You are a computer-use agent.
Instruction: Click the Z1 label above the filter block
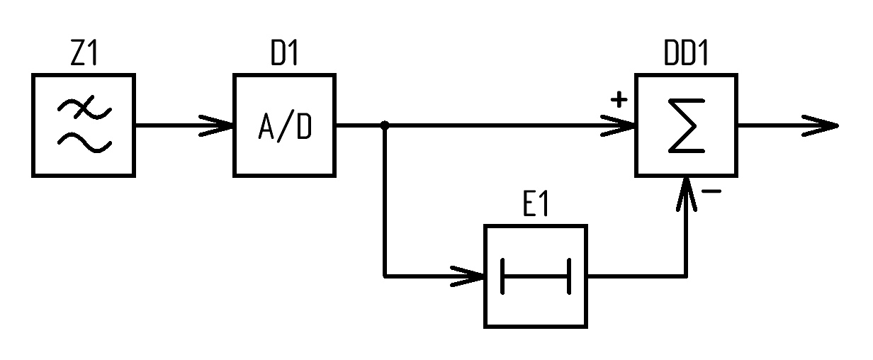tap(84, 52)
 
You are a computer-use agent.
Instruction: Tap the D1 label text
tap(285, 52)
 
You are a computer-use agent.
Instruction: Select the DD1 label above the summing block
tap(685, 52)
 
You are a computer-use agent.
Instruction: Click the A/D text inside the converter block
tap(285, 126)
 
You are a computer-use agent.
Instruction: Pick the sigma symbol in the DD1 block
tap(687, 125)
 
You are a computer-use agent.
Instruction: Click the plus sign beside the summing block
tap(619, 100)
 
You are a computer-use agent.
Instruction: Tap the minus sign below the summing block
tap(711, 191)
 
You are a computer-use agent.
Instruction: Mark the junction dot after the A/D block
tap(385, 125)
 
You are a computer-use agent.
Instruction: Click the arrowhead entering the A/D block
tap(216, 125)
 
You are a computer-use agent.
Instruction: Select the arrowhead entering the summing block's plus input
tap(618, 125)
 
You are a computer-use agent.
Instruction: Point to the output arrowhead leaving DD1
tap(820, 125)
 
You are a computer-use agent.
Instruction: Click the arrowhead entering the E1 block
tap(467, 276)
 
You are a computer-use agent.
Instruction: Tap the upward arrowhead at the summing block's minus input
tap(686, 194)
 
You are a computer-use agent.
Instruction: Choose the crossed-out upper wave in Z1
tap(84, 108)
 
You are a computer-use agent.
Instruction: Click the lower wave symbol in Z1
tap(84, 143)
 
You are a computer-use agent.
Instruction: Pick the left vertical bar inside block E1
tap(502, 276)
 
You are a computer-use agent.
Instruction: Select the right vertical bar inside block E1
tap(569, 276)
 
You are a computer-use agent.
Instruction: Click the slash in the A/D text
tap(285, 126)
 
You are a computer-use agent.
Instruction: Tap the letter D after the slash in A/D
tap(305, 126)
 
